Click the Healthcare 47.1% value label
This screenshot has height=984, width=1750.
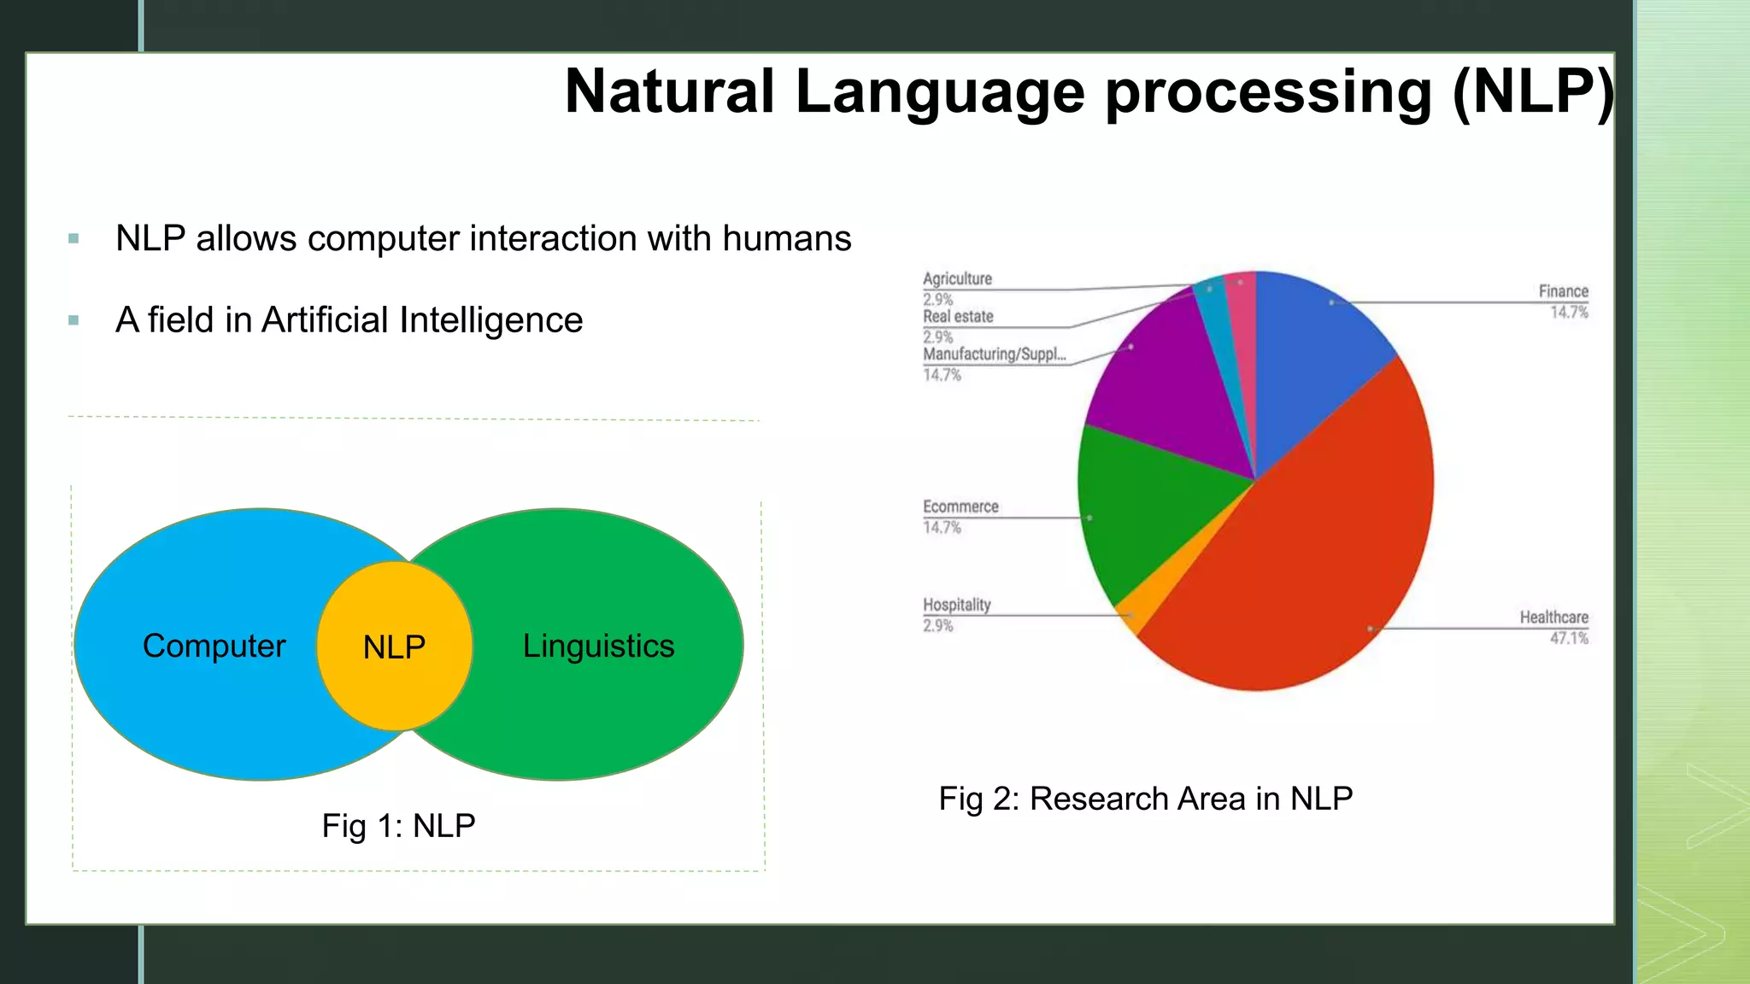[x=1569, y=638]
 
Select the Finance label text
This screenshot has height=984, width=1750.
[x=1563, y=291]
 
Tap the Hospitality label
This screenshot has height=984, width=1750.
[x=956, y=605]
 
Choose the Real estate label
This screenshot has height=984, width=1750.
[x=958, y=316]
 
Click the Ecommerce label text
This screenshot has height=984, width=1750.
[x=960, y=507]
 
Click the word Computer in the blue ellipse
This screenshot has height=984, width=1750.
[x=214, y=646]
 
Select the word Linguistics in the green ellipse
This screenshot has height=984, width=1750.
[x=598, y=646]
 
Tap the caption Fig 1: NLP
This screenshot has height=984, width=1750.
[x=398, y=826]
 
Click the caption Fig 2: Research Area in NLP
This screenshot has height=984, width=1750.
[x=1145, y=799]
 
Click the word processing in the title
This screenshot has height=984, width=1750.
[x=1268, y=92]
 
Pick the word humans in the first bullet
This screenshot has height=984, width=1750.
[x=786, y=238]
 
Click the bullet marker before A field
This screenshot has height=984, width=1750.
[x=73, y=321]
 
